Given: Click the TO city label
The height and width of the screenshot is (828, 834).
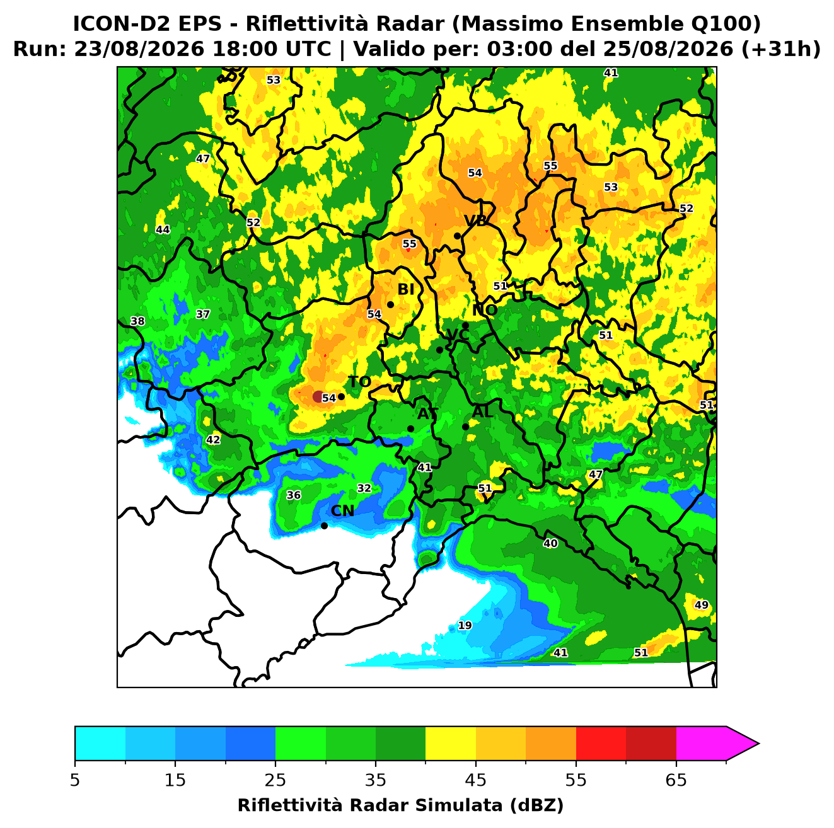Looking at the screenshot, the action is coord(360,382).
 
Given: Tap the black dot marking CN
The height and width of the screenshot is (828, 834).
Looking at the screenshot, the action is coord(324,526).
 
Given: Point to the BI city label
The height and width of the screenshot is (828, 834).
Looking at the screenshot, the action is coord(406,289).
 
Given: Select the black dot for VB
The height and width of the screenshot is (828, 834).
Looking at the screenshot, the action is coord(457,236).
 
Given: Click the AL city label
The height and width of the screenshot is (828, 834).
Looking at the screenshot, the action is coord(483,411).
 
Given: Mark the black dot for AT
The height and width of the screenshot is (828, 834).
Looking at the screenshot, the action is coord(411,429).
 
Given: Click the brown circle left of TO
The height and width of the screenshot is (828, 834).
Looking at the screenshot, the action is coord(318,396).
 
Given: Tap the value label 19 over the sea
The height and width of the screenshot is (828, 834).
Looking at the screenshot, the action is coord(465,626).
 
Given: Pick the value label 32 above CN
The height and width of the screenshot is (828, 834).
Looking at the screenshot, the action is coord(364,488).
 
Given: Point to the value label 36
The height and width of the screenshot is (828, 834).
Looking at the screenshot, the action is coord(293,495).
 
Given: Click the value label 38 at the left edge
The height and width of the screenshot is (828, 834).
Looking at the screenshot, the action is coord(137,321).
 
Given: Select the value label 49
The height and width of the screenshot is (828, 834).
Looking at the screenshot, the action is coord(702,605).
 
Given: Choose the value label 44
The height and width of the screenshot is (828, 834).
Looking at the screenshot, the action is coord(163,230).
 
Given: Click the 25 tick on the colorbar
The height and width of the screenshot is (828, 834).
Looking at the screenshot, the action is coord(275,761).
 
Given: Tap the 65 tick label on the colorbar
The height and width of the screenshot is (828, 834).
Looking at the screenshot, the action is coord(676,780).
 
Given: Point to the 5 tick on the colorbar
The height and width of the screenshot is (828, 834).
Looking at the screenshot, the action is coord(75,761).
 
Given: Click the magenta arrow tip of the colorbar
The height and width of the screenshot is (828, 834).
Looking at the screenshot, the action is coord(759,744).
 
